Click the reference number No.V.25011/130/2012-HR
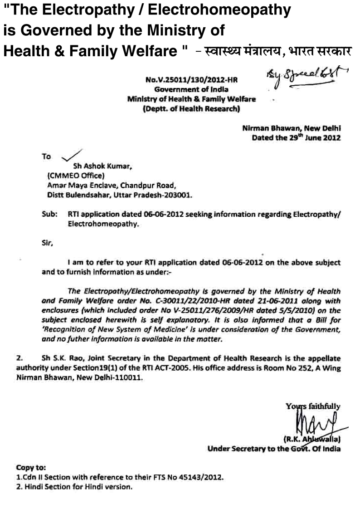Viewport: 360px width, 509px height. coord(192,79)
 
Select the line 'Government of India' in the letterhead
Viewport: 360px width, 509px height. coord(191,89)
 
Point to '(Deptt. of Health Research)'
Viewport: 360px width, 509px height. coord(191,109)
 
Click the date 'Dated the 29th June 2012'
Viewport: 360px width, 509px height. coord(297,137)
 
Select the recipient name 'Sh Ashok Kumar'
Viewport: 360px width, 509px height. coord(102,166)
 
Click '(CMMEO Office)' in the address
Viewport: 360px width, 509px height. coord(76,176)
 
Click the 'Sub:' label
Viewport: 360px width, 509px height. coord(49,214)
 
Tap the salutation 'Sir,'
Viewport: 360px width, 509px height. coord(47,243)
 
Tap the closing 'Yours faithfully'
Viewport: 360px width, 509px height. coord(313,406)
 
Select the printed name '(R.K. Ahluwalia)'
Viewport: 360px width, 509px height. coord(312,439)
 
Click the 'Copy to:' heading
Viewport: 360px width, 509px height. coord(31,468)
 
